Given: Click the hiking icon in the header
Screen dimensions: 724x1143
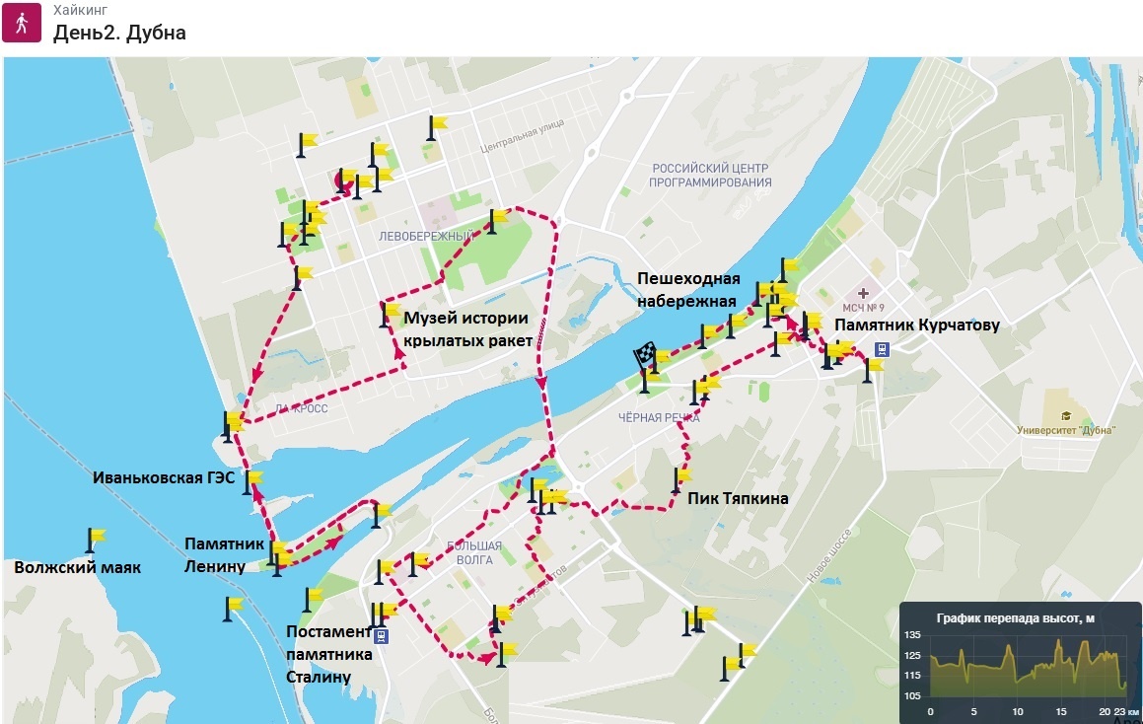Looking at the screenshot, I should [21, 23].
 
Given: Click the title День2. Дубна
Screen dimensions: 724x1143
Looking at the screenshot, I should [119, 33].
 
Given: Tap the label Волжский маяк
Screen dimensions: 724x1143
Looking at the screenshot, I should [77, 568].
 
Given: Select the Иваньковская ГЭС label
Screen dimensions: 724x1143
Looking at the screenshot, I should [164, 477].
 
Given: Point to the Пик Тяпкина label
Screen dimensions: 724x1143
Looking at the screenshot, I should [738, 499].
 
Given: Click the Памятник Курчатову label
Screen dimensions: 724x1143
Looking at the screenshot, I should [917, 325].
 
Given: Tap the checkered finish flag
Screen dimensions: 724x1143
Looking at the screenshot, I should [645, 354].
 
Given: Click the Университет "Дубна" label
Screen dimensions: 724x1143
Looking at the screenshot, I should [1067, 430].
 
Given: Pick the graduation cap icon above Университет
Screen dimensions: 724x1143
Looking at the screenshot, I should [1066, 414].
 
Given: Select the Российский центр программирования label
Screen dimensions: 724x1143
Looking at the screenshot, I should [710, 176].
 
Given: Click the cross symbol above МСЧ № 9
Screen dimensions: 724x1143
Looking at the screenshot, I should [864, 293].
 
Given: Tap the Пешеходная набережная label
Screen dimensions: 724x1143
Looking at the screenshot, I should [688, 290].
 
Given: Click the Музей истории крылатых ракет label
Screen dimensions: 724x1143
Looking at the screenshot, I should [467, 328].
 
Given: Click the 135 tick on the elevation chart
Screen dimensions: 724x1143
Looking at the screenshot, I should [912, 634].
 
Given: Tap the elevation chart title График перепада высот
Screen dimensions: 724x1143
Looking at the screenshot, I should [1015, 618].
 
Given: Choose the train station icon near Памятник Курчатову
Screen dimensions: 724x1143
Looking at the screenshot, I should [882, 348].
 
